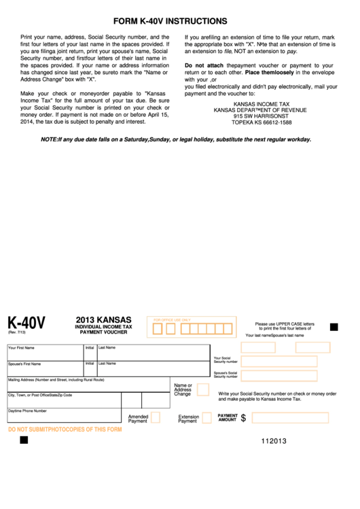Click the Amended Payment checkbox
[x=156, y=417]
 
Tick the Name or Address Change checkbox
[x=202, y=390]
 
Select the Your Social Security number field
[x=278, y=361]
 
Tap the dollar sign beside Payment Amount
[x=243, y=419]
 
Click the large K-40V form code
[x=26, y=323]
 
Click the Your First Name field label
[x=21, y=348]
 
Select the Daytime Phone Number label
[x=27, y=410]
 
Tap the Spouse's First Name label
[x=24, y=364]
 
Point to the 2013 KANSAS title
[x=103, y=319]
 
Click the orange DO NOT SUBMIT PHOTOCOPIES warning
[x=65, y=429]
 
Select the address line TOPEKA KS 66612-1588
[x=262, y=122]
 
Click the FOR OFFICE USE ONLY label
[x=172, y=319]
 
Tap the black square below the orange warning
[x=24, y=440]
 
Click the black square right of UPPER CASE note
[x=334, y=327]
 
